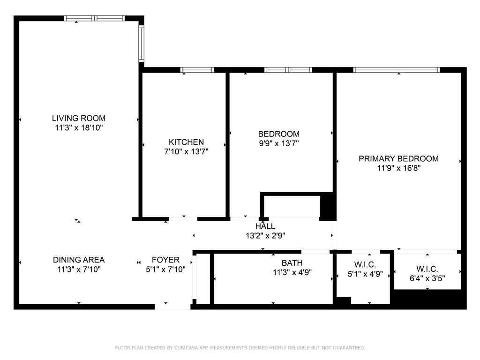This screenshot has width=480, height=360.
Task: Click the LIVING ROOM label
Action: point(79,119)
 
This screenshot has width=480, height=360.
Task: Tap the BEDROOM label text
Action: point(278,134)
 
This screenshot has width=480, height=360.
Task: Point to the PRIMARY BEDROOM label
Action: point(398,159)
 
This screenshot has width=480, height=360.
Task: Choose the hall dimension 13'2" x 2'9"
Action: point(265,236)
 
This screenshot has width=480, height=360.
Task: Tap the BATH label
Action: point(292,263)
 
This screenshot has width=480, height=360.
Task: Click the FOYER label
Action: point(165,260)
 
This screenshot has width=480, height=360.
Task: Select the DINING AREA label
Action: point(79,260)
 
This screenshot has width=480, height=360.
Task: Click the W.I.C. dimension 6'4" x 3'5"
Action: point(427,278)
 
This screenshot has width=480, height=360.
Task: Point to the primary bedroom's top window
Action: point(397,70)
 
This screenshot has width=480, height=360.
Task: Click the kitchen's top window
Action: point(197,70)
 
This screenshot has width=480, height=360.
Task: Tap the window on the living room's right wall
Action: point(141,43)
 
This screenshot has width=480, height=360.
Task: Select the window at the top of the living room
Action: point(94,18)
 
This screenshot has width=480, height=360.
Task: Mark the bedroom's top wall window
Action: point(288,70)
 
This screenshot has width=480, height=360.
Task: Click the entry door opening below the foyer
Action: point(172,307)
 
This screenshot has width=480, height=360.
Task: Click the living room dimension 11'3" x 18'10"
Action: point(79,127)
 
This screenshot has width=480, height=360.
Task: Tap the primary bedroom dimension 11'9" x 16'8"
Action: point(398,168)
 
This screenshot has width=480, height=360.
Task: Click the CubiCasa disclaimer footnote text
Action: point(240,348)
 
